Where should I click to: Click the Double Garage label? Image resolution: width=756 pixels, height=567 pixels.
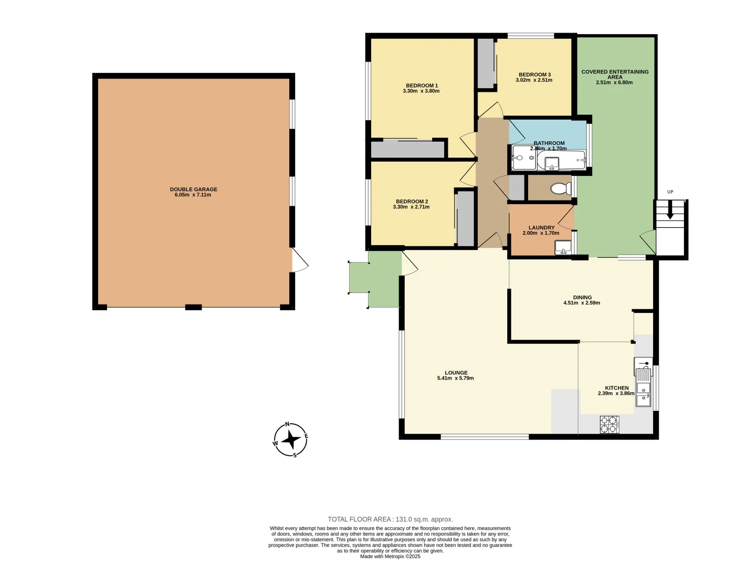(193, 189)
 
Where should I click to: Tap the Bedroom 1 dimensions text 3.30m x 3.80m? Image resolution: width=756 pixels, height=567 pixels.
(421, 91)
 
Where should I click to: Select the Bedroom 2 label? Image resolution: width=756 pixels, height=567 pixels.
(412, 201)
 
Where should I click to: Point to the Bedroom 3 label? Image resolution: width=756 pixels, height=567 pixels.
(534, 75)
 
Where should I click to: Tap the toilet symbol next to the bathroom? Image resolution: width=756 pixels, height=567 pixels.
(561, 188)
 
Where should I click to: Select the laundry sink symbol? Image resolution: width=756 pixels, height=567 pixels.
(563, 247)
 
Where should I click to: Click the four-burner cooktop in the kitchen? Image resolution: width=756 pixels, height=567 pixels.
(610, 424)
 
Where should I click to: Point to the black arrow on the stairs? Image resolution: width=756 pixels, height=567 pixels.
(670, 212)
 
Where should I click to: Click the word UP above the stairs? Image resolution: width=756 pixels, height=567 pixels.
(670, 192)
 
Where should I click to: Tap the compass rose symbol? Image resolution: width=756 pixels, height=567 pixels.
(290, 439)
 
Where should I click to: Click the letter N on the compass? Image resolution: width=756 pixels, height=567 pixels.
(287, 424)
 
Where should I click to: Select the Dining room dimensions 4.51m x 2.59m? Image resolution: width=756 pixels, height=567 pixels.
(582, 303)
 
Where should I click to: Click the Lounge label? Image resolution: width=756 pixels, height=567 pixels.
(456, 373)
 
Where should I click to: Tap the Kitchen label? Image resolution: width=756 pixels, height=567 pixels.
(616, 388)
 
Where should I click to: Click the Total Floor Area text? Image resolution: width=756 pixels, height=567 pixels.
(390, 519)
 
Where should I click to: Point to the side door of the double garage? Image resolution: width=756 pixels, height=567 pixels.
(299, 260)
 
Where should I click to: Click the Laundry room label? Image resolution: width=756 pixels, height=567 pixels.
(541, 228)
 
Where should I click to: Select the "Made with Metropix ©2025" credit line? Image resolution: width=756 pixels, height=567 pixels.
(390, 556)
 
